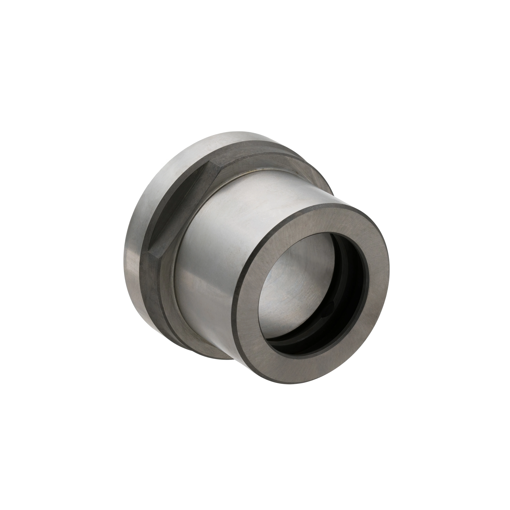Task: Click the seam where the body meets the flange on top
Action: click(x=253, y=172)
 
